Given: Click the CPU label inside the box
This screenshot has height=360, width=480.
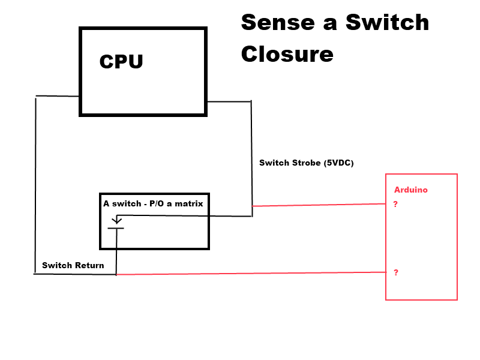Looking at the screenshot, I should pos(121,61).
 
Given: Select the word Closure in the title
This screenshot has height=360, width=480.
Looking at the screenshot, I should pos(287,54).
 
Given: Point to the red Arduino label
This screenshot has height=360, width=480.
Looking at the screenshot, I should pos(410,190).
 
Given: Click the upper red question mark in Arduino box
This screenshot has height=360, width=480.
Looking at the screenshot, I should pos(395,204).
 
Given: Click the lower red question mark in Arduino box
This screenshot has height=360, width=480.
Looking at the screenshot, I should pos(395,272).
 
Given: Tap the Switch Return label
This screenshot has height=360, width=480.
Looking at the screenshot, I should pos(73,265).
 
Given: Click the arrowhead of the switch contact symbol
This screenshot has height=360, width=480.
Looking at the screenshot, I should pos(117,221).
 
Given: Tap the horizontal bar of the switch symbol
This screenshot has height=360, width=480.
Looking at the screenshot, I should pos(116,229).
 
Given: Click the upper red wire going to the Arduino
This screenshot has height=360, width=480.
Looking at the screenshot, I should pos(318,205).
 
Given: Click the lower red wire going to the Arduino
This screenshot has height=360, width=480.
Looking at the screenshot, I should pos(252,274).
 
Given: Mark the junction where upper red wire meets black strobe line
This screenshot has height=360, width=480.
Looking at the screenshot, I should pos(252,206).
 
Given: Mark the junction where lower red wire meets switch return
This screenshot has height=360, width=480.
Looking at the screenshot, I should pos(116,275).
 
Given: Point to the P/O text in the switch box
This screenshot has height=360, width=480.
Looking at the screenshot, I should pos(158,203).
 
